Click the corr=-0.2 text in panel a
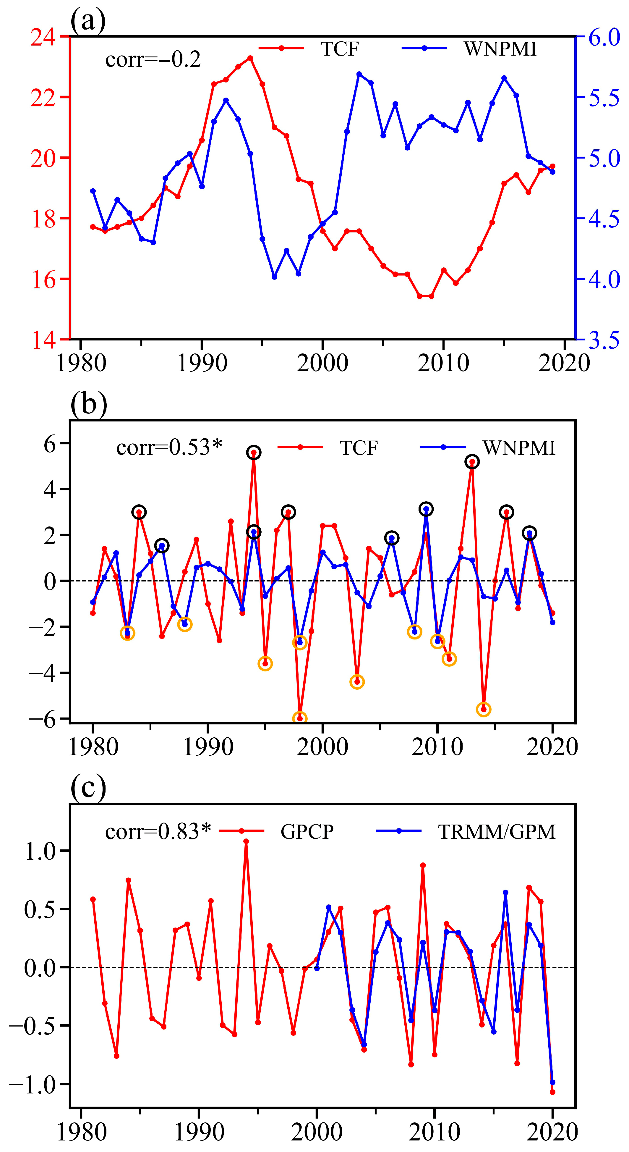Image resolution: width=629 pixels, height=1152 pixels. click(x=153, y=59)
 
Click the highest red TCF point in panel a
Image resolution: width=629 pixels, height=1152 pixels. click(x=250, y=58)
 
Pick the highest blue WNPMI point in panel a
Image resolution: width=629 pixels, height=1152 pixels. click(x=359, y=74)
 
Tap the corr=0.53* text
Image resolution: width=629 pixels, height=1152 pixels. click(x=169, y=447)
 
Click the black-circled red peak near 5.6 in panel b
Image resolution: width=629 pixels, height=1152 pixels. click(x=254, y=453)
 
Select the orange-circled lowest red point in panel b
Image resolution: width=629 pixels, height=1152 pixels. click(x=299, y=718)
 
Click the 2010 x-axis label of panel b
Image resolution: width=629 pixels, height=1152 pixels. click(x=437, y=747)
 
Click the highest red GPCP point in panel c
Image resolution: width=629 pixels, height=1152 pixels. click(x=246, y=841)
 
